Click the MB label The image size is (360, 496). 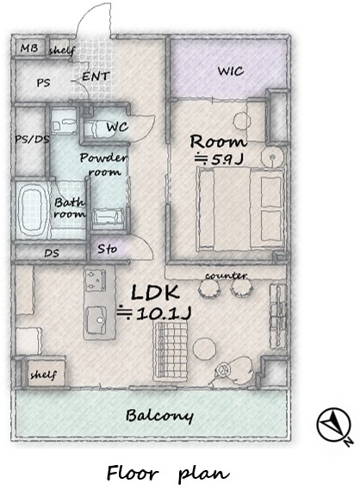(x=29, y=48)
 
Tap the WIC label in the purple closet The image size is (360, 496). (x=231, y=71)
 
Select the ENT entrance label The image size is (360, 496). (x=96, y=77)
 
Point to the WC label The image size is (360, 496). (x=117, y=127)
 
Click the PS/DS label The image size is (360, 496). (x=32, y=139)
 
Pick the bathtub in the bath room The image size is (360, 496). (x=30, y=211)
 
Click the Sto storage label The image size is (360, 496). (x=107, y=249)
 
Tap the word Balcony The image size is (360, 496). (x=159, y=416)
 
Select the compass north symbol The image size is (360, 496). (x=335, y=425)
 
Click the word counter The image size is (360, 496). (x=226, y=276)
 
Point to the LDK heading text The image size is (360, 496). (x=156, y=293)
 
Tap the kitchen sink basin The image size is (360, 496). (x=96, y=319)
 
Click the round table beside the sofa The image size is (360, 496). (x=205, y=348)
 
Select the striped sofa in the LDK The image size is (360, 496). (x=171, y=350)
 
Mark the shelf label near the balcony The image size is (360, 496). (x=44, y=375)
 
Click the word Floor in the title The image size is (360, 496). (x=133, y=474)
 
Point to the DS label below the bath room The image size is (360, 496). (x=52, y=253)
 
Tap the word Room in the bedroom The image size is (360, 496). (x=218, y=142)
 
